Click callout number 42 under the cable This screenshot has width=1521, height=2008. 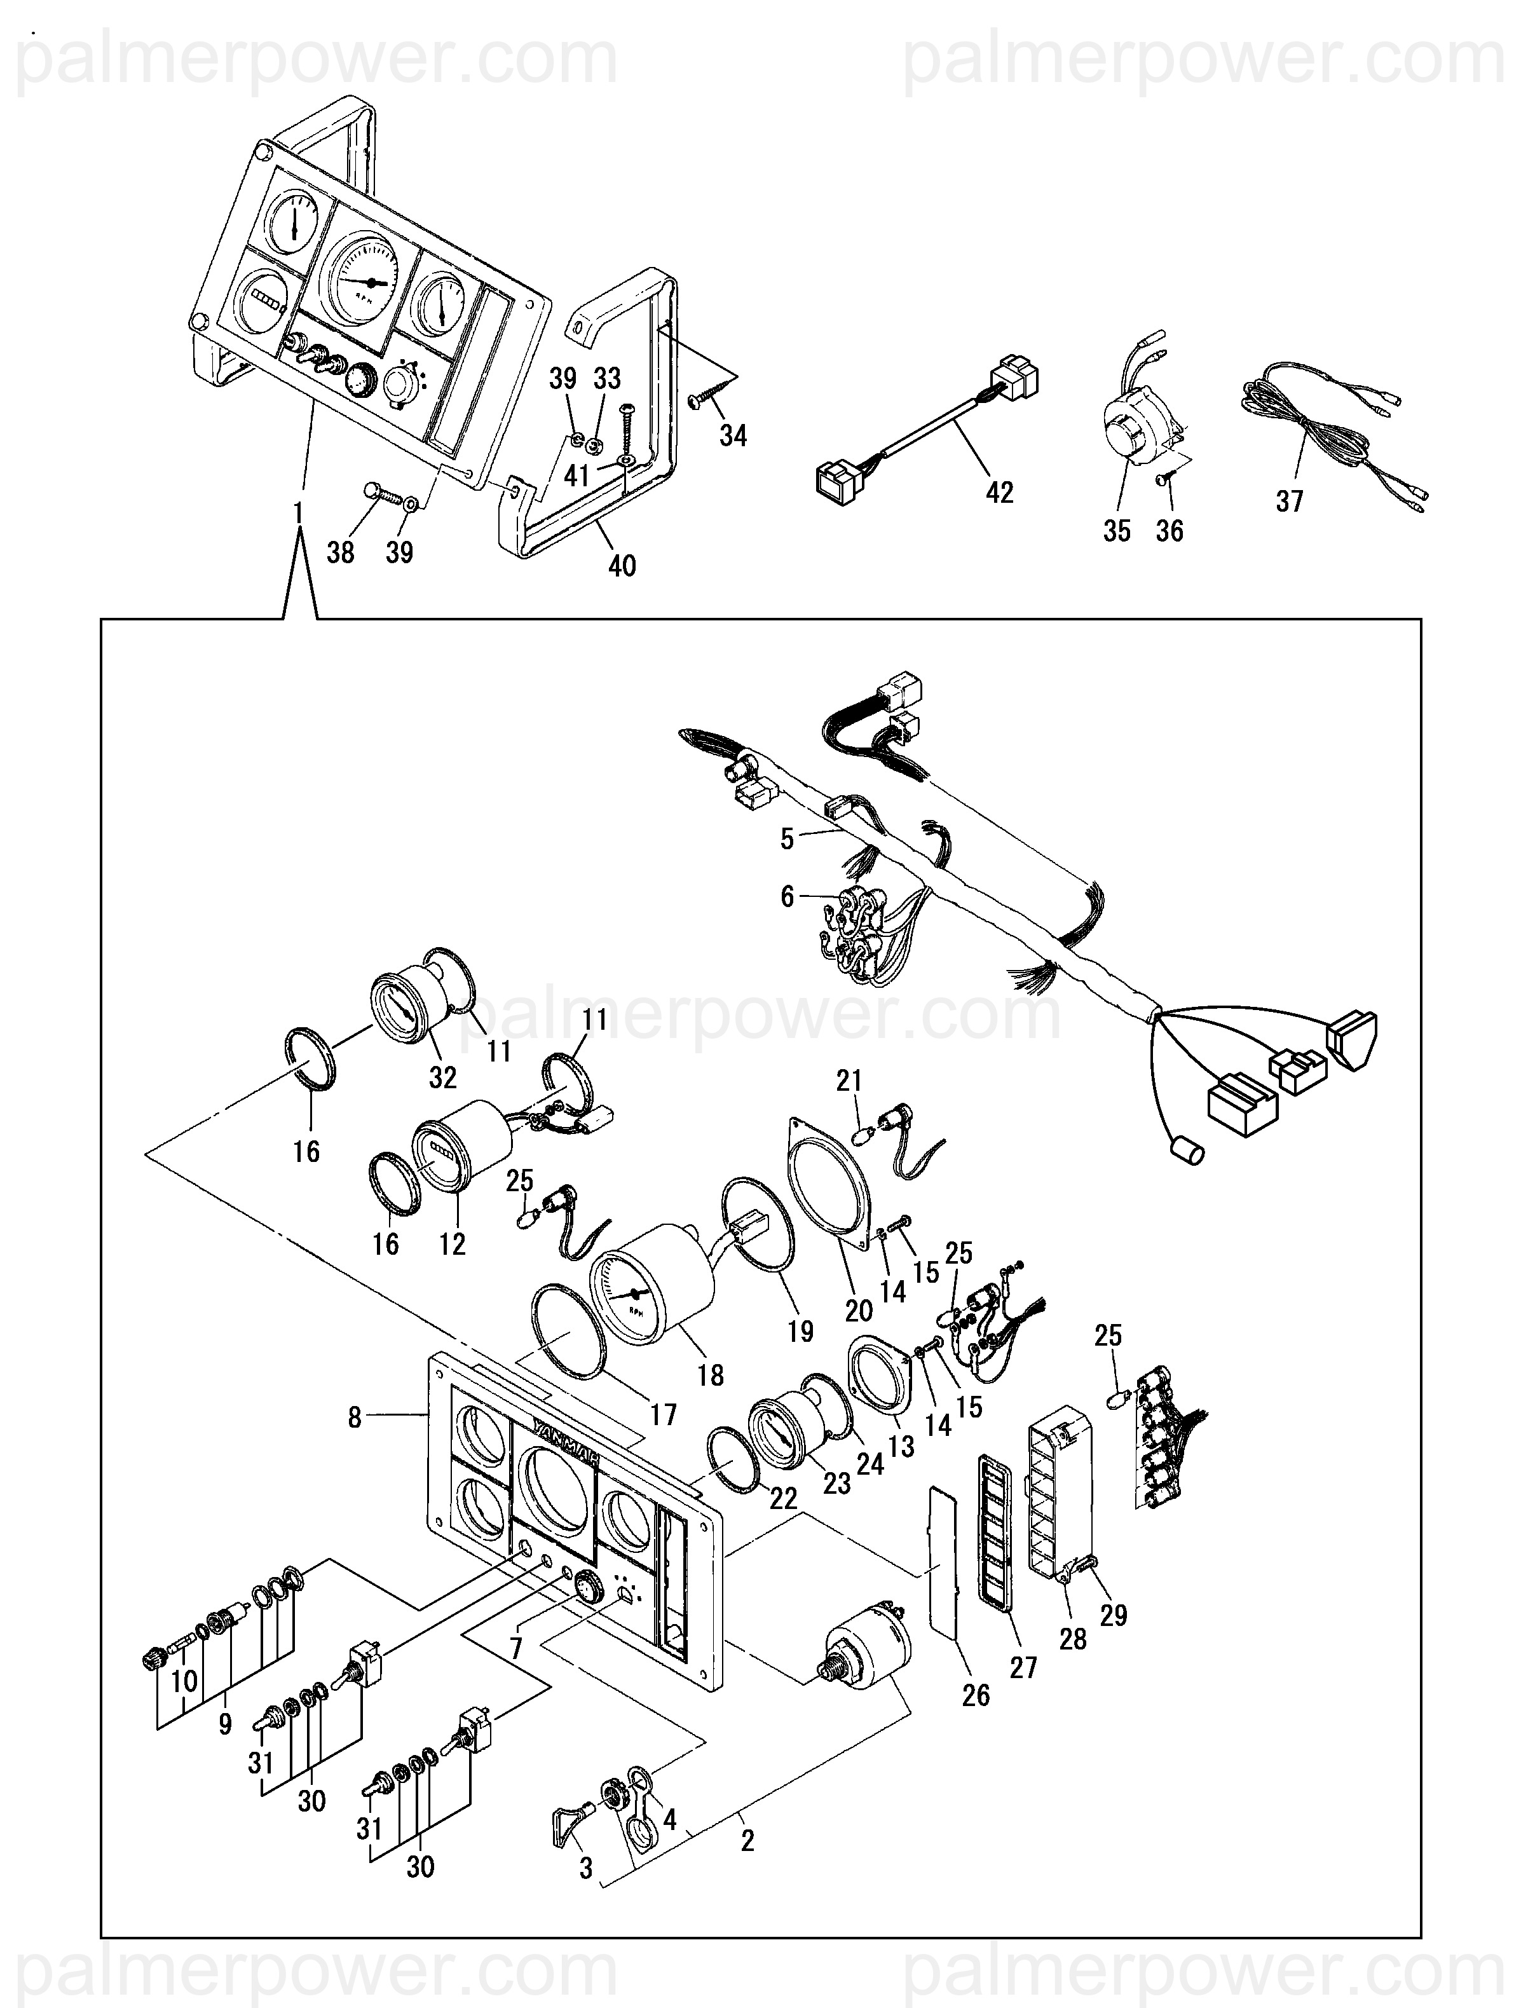pyautogui.click(x=999, y=492)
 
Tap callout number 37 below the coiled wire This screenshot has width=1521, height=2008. pyautogui.click(x=1290, y=501)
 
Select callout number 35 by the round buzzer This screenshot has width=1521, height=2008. pyautogui.click(x=1117, y=531)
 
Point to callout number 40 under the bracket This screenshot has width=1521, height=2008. pyautogui.click(x=622, y=566)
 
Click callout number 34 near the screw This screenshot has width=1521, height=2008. pyautogui.click(x=733, y=435)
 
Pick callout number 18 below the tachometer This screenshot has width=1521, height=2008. pyautogui.click(x=711, y=1376)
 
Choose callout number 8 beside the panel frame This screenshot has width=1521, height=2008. pyautogui.click(x=355, y=1417)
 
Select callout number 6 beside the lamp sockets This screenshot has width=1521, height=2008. pyautogui.click(x=787, y=897)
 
